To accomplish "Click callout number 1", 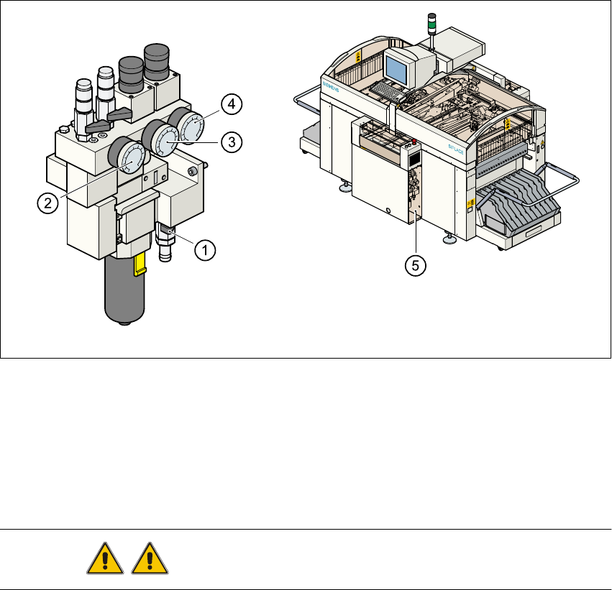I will pos(205,250).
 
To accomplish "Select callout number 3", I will pos(229,142).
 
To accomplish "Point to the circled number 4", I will pos(232,105).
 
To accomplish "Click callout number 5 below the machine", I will pos(414,265).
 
